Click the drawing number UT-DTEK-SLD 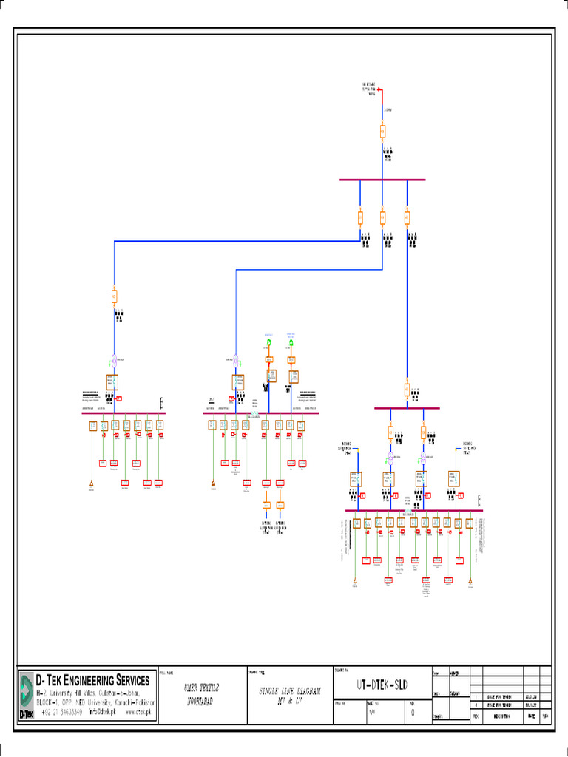coord(381,684)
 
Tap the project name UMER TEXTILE coord(202,688)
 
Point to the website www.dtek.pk coord(138,713)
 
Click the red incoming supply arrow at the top coord(380,91)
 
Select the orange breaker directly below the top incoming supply coord(383,132)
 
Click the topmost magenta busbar coord(382,180)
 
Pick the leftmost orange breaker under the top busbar coord(360,217)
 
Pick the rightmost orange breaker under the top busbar coord(407,217)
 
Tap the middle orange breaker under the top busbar coord(383,217)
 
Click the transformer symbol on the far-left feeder coord(114,361)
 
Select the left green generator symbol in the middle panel coord(269,343)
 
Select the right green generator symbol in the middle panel coord(291,343)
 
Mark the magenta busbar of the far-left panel coord(123,413)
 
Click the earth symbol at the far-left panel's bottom coord(92,484)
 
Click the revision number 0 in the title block coord(412,713)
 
